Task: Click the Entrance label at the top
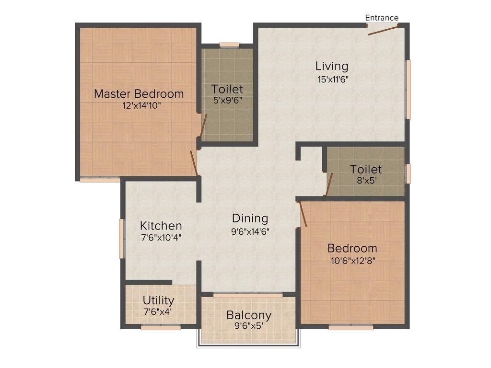[382, 18]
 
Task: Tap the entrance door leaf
[383, 30]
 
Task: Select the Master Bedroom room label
[139, 94]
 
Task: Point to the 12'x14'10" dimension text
[139, 105]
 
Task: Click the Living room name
[331, 66]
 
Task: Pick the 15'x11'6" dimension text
[332, 79]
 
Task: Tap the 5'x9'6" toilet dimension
[227, 101]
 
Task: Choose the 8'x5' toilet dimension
[365, 181]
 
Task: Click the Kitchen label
[161, 226]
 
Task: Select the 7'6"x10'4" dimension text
[161, 237]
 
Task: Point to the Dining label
[250, 218]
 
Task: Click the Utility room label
[158, 300]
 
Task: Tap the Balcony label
[248, 316]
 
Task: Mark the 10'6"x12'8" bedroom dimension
[352, 261]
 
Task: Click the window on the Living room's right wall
[408, 89]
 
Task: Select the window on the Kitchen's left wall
[122, 239]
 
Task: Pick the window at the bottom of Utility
[161, 328]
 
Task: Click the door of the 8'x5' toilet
[329, 185]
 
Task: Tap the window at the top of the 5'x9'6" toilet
[229, 45]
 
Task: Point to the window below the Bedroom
[351, 328]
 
